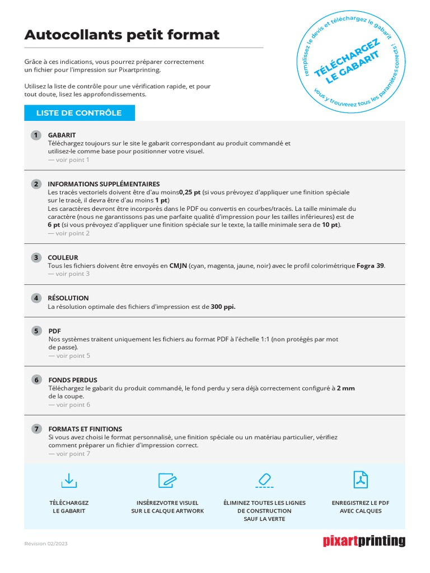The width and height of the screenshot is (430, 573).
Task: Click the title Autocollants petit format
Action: [x=122, y=35]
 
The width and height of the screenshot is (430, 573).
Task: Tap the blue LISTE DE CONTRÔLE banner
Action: [x=79, y=113]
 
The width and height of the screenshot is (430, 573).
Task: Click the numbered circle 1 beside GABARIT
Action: [x=36, y=135]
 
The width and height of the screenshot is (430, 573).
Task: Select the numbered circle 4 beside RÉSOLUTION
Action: [x=36, y=298]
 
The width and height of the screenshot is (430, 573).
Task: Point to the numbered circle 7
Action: [x=36, y=429]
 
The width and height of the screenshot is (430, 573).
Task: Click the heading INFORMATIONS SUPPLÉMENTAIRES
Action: [x=104, y=184]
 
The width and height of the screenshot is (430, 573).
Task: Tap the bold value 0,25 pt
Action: [x=190, y=192]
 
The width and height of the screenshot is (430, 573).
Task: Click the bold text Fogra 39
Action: [x=370, y=266]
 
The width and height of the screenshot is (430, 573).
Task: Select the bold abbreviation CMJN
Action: [x=179, y=266]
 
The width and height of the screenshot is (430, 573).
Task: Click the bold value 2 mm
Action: [x=345, y=388]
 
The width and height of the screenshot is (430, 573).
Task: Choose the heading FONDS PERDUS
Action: [x=73, y=381]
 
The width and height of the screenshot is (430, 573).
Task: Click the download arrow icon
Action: [x=69, y=480]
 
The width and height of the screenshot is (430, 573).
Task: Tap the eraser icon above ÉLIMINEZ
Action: [x=264, y=480]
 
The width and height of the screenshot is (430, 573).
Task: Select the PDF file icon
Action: [x=361, y=480]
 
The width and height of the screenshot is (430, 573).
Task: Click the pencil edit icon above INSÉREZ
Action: [x=167, y=480]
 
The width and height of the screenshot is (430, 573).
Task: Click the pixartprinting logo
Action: [x=364, y=541]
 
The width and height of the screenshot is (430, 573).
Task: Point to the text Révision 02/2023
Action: [x=46, y=544]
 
